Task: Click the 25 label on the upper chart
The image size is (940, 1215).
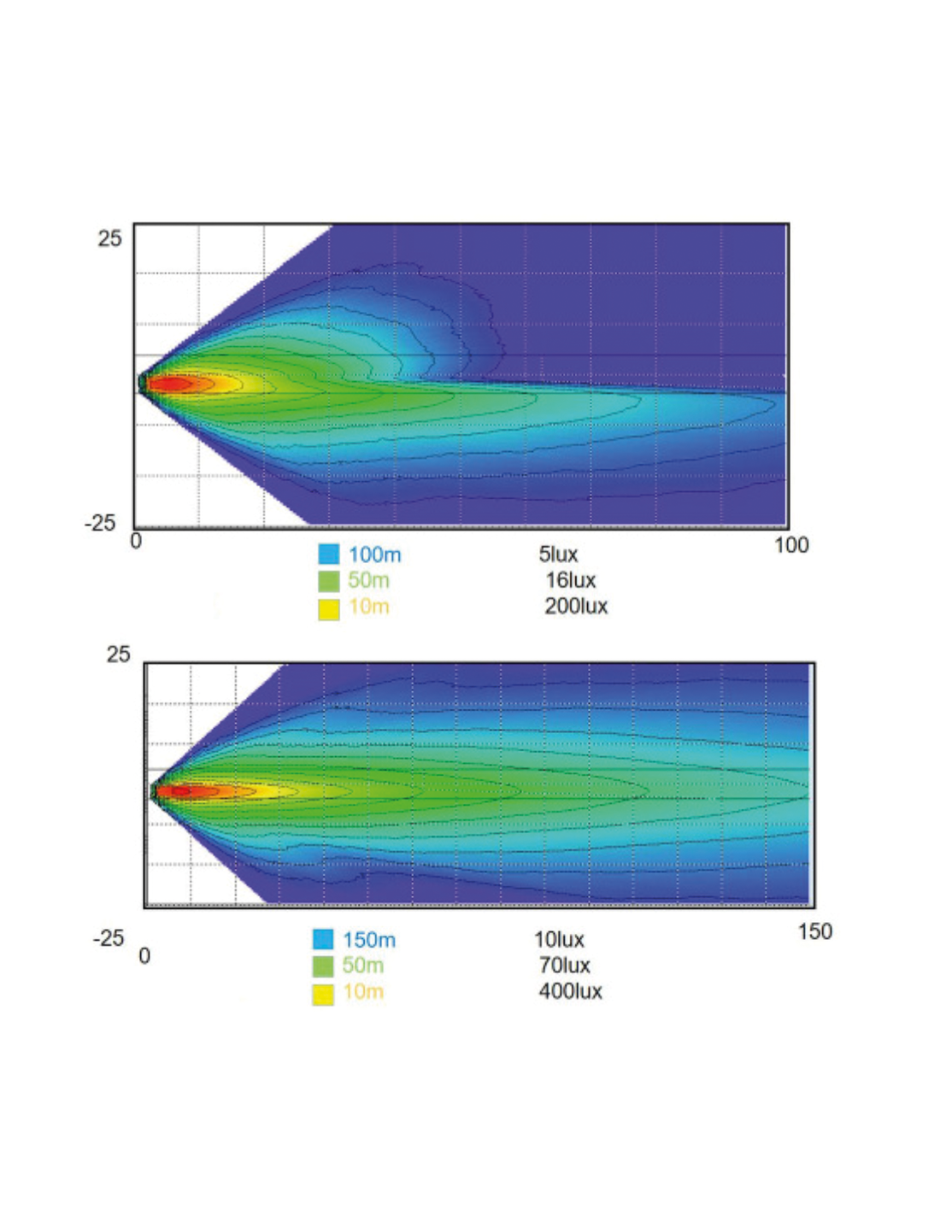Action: [109, 238]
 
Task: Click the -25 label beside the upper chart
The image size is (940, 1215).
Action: [100, 523]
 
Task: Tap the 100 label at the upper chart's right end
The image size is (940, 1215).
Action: [790, 545]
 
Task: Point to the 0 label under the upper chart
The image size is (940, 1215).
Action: [136, 541]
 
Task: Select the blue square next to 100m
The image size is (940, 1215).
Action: [329, 554]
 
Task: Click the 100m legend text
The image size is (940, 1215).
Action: [374, 555]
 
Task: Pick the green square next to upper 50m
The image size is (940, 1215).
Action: [329, 581]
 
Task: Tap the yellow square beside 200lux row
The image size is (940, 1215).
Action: [329, 608]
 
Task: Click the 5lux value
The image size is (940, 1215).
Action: [558, 555]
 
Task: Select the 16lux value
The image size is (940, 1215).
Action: [570, 580]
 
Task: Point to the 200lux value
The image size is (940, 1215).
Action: [576, 607]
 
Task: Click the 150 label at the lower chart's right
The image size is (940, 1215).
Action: [814, 931]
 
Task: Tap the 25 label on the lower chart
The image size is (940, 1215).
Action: [118, 654]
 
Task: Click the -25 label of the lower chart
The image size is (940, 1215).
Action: [109, 938]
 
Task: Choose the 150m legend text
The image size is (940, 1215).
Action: [369, 940]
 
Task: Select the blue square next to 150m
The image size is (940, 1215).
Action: [323, 939]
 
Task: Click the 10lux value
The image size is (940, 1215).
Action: [559, 940]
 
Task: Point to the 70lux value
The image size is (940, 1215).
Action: [564, 966]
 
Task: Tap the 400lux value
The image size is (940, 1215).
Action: [570, 992]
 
